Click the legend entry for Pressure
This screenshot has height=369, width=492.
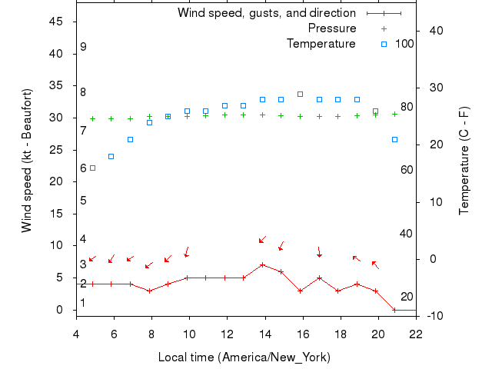pyautogui.click(x=332, y=28)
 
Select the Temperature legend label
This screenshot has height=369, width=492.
pyautogui.click(x=321, y=44)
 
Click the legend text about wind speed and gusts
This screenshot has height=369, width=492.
pyautogui.click(x=266, y=13)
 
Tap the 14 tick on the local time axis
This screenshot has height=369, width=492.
pyautogui.click(x=264, y=334)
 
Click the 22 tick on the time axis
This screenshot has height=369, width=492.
pyautogui.click(x=416, y=334)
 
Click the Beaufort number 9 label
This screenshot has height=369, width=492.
pyautogui.click(x=83, y=47)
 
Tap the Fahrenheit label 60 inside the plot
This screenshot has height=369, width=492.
pyautogui.click(x=407, y=170)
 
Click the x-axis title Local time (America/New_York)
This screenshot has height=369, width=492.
pyautogui.click(x=244, y=357)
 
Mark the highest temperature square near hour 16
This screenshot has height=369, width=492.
pyautogui.click(x=300, y=95)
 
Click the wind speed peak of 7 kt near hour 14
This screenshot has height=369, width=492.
pyautogui.click(x=262, y=264)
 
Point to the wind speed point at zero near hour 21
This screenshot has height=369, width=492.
pyautogui.click(x=394, y=310)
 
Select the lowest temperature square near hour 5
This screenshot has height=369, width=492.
pyautogui.click(x=93, y=168)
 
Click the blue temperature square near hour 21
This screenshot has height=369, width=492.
pyautogui.click(x=394, y=139)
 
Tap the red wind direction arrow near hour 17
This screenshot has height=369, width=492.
pyautogui.click(x=319, y=252)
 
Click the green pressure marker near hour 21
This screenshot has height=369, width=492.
pyautogui.click(x=394, y=114)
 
